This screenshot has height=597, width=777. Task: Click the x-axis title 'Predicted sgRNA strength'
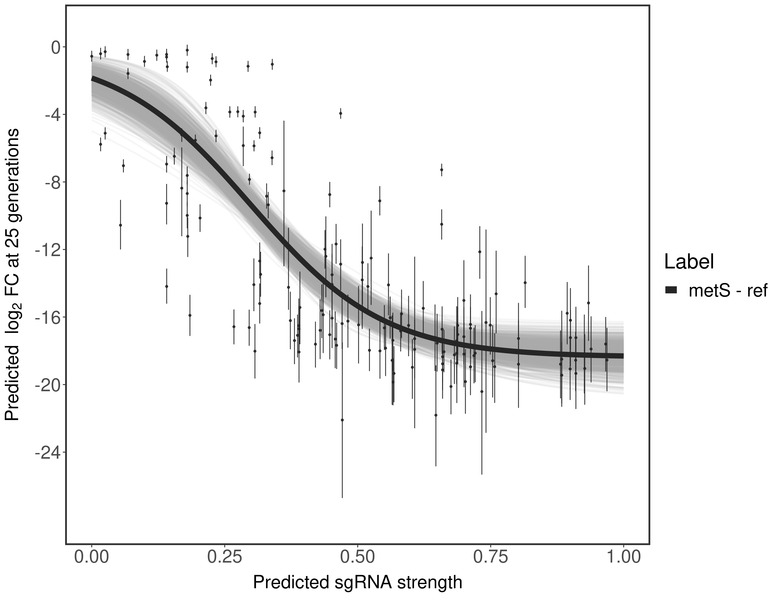point(358,583)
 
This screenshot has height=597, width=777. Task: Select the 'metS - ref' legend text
point(728,291)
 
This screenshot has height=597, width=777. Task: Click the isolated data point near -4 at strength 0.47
point(340,113)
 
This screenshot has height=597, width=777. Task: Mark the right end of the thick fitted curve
point(623,356)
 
